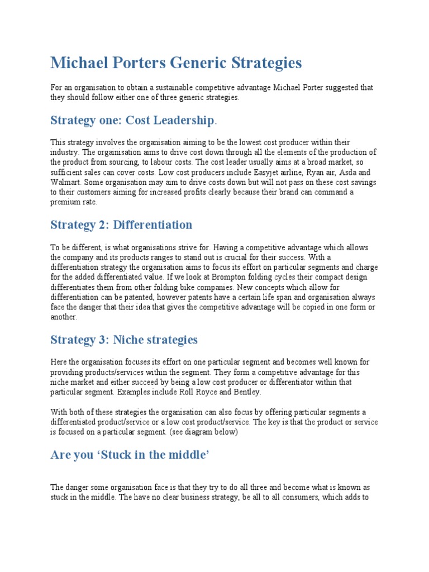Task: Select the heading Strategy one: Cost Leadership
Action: (x=132, y=120)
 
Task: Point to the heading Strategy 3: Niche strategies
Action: (x=124, y=339)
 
